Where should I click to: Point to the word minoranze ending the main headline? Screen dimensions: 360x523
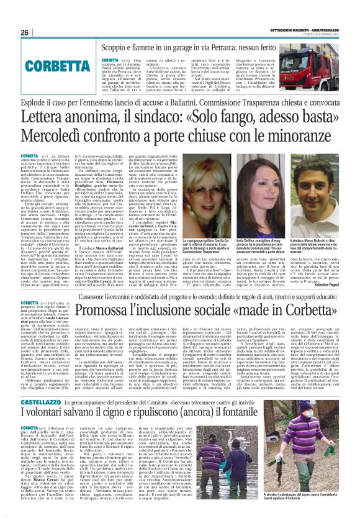click(x=294, y=140)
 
